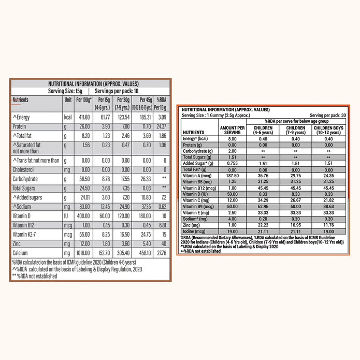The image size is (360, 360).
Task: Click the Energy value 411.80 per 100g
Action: (x=84, y=118)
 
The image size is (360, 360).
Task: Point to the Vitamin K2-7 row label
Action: (x=27, y=235)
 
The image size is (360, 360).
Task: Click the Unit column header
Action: (x=68, y=99)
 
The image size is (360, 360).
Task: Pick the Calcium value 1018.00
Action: (x=83, y=253)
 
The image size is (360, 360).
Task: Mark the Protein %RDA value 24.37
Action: (x=161, y=126)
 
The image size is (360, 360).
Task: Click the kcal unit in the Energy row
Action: (x=68, y=118)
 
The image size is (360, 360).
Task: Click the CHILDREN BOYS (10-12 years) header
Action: (x=328, y=129)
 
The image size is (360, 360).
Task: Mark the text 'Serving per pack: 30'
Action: (x=329, y=115)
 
